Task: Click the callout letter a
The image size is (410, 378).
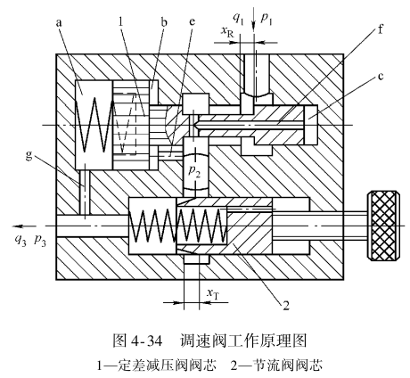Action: [59, 23]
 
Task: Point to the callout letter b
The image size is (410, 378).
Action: [164, 21]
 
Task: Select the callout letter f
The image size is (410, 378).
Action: [381, 29]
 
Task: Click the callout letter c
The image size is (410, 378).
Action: [381, 77]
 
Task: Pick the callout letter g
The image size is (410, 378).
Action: [29, 156]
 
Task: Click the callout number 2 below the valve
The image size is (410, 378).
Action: [286, 305]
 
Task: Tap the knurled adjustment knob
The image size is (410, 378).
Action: [383, 226]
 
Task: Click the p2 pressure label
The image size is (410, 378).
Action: [195, 171]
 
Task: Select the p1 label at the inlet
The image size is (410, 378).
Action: [266, 19]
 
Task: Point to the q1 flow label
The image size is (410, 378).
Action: [238, 19]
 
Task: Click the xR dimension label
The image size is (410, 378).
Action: [227, 31]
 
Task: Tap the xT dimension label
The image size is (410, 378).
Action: [214, 293]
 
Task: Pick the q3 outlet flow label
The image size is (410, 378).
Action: [20, 240]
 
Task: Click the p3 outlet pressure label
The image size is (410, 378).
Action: [40, 240]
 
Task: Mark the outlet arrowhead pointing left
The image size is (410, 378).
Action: [18, 226]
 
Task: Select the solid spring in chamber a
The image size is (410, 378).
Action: [94, 125]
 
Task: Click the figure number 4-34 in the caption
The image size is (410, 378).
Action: [146, 341]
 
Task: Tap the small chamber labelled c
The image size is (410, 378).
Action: [311, 125]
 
